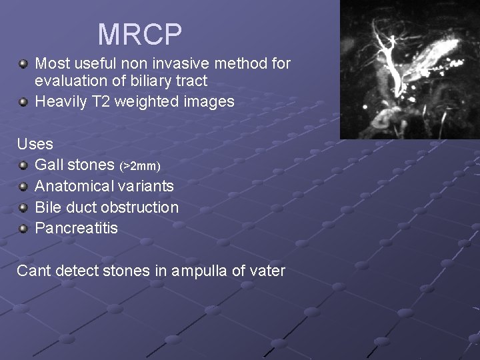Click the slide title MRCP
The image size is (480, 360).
(x=140, y=34)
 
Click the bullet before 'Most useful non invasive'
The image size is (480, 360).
(x=23, y=64)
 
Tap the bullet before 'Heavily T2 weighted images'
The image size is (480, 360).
(x=23, y=102)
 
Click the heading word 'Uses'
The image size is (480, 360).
(x=35, y=143)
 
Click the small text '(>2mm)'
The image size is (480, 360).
(x=140, y=165)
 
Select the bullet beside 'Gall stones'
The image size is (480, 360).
(x=23, y=165)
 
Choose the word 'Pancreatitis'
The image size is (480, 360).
(x=76, y=228)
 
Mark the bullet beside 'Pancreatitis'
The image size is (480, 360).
(x=23, y=229)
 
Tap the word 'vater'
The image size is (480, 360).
(x=266, y=271)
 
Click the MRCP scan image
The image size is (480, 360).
(x=409, y=69)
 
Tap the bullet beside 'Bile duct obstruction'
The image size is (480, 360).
(x=23, y=207)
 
